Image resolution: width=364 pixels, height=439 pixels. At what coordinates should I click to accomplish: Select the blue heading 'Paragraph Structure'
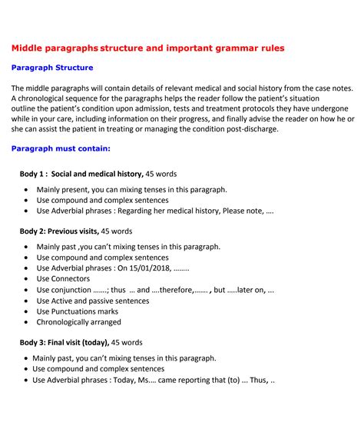click(x=52, y=68)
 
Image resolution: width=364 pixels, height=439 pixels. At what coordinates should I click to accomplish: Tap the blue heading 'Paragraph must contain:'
click(x=61, y=148)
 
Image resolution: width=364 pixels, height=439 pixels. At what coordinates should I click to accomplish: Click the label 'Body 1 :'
click(x=34, y=174)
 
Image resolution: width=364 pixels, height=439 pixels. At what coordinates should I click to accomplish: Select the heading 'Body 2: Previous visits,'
click(x=59, y=231)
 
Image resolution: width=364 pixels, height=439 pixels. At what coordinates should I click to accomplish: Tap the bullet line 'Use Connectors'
click(x=64, y=279)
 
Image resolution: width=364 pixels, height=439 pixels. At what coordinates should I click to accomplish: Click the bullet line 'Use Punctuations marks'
click(x=78, y=311)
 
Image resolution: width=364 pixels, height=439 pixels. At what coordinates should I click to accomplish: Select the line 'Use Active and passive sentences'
click(x=97, y=301)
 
